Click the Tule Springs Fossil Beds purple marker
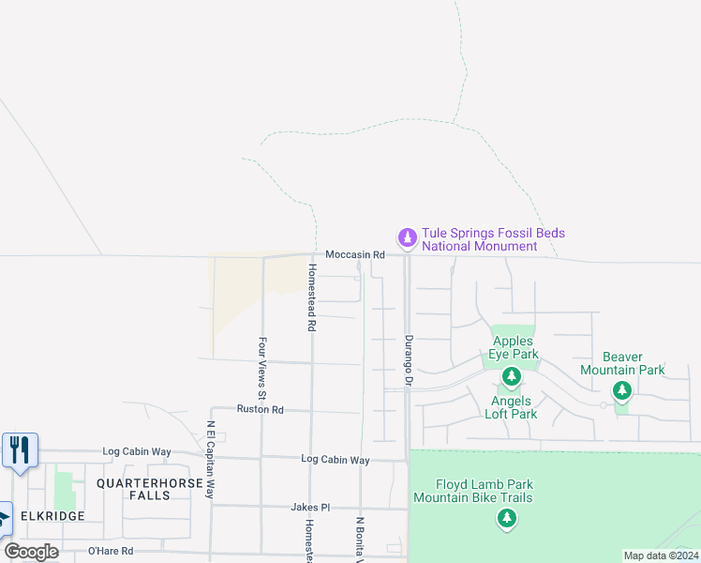(407, 238)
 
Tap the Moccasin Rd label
(355, 255)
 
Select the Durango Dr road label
(409, 361)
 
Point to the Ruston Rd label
(260, 410)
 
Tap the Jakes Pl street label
(310, 507)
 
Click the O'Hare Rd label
(111, 551)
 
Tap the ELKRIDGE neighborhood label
(51, 516)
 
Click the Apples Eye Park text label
(515, 348)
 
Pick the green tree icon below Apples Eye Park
(511, 377)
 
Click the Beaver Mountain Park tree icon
(622, 390)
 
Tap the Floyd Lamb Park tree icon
(507, 518)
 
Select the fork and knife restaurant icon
(20, 449)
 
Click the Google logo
(32, 552)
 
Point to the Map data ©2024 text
(660, 555)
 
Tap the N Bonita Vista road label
(359, 540)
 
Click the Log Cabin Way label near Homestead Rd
(335, 460)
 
